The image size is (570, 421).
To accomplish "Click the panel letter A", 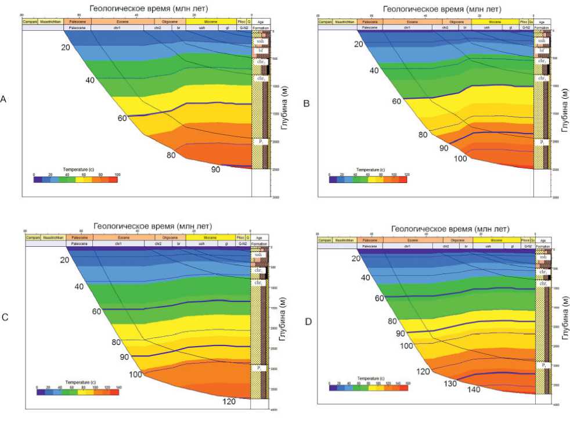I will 3,99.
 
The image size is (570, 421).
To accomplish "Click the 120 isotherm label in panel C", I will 230,401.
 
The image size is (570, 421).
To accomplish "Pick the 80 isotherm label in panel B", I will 424,135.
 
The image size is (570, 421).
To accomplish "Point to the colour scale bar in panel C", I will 77,392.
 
